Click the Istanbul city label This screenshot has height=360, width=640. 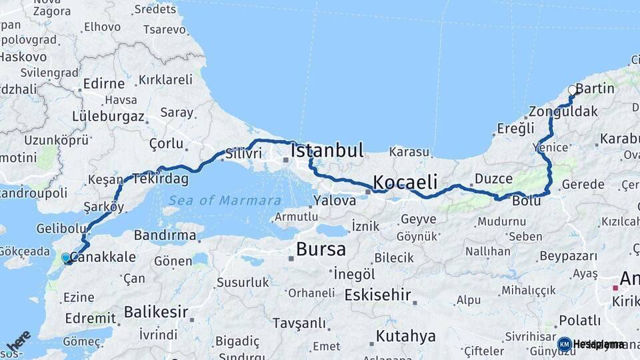[327, 151]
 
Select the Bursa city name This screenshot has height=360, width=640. [321, 250]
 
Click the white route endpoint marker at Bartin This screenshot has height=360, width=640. [572, 90]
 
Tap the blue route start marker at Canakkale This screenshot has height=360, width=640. [66, 257]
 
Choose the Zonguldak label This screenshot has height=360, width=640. [563, 111]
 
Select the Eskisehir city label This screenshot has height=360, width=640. [378, 295]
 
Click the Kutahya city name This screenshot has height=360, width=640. [405, 335]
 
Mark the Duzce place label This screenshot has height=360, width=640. [493, 179]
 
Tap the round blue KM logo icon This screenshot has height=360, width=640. [565, 344]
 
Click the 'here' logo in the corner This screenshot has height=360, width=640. [18, 341]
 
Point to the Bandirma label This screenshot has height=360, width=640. [165, 235]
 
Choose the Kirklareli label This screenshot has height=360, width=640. [165, 80]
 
